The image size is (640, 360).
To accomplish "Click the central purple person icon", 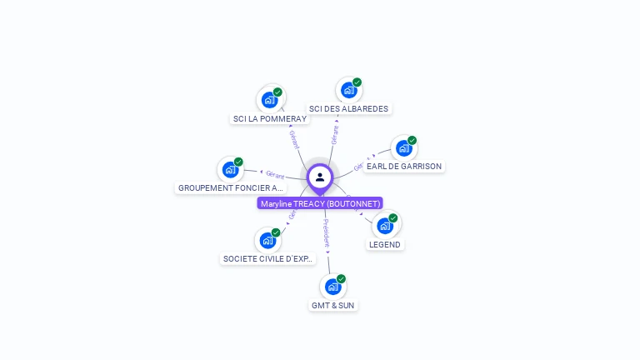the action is tap(320, 177).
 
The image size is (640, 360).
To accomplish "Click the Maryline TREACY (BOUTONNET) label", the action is tap(320, 203).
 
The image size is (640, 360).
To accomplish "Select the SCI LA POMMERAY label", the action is tap(270, 118).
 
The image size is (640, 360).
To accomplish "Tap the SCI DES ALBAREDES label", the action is tap(348, 108).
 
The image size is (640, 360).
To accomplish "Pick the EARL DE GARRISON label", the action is tap(404, 166).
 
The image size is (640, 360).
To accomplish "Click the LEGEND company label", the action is tap(384, 244).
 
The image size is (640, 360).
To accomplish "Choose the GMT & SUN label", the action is tap(332, 305).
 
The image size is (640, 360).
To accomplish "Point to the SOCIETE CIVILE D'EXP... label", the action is tap(267, 258).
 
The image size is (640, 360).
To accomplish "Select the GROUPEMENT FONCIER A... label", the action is tap(231, 187).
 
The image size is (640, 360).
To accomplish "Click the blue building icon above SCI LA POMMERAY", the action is tap(269, 100).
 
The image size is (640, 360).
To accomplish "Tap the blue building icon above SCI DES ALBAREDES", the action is tap(348, 90).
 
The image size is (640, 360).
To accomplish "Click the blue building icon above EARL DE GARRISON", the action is tap(404, 148).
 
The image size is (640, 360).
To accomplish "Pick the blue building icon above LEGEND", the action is tap(384, 225).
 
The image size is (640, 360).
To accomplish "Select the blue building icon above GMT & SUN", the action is tap(332, 287).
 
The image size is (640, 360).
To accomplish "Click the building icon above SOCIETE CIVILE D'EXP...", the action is tap(267, 240).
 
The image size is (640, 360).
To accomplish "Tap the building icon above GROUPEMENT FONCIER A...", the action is tap(230, 170).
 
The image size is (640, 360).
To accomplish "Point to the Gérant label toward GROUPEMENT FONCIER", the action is tap(275, 175).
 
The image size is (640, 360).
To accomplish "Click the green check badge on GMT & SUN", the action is tap(341, 278).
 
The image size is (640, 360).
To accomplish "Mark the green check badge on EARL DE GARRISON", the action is tap(412, 140).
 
